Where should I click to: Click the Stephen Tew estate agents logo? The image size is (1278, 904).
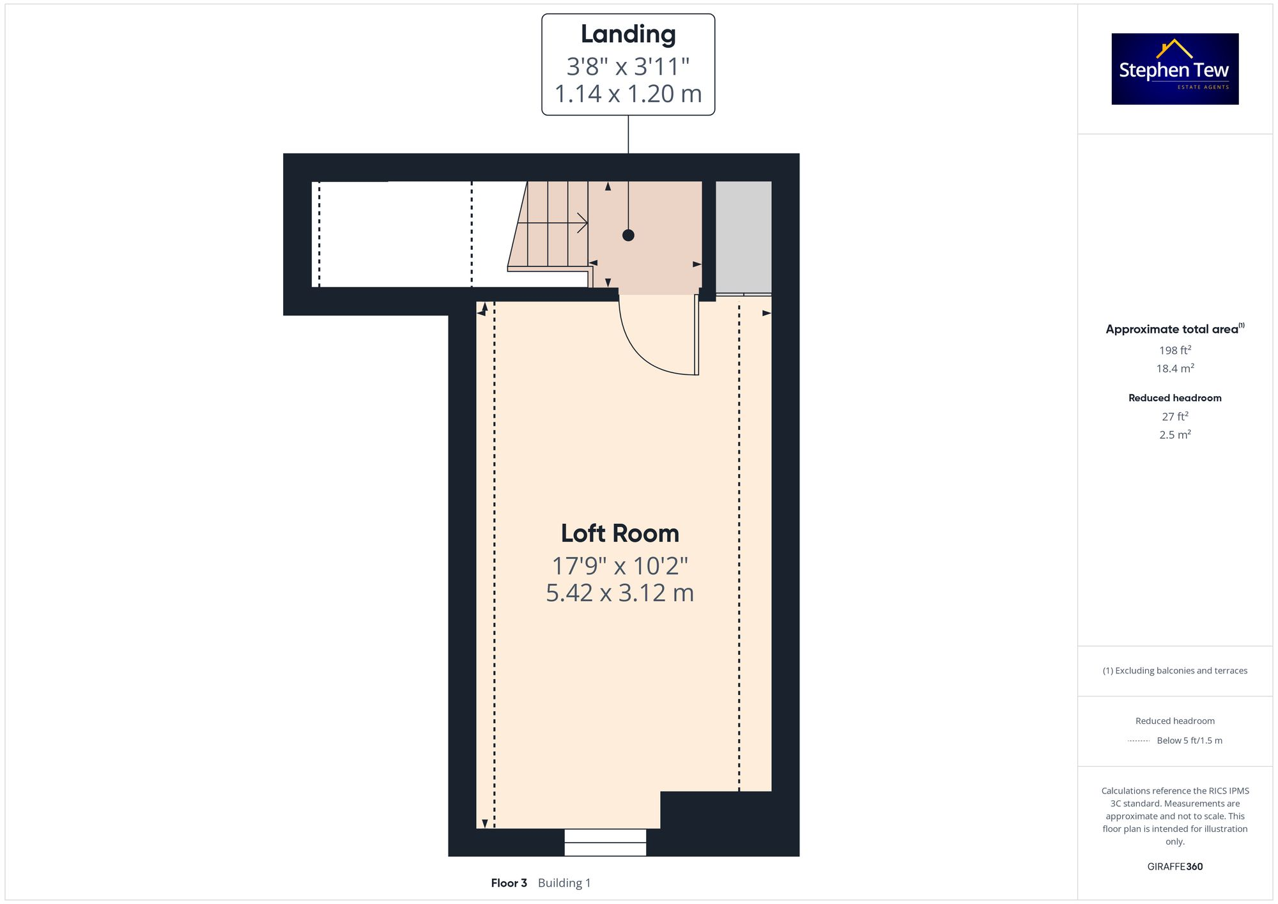pyautogui.click(x=1174, y=69)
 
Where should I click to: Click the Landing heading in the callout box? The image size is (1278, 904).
pyautogui.click(x=628, y=34)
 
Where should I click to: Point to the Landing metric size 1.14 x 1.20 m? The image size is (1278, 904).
pyautogui.click(x=628, y=94)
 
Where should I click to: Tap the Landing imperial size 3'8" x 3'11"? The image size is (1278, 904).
pyautogui.click(x=628, y=66)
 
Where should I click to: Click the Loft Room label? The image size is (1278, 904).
pyautogui.click(x=620, y=533)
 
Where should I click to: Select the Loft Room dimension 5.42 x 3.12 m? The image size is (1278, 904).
pyautogui.click(x=620, y=593)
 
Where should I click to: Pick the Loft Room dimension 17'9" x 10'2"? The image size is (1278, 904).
pyautogui.click(x=620, y=566)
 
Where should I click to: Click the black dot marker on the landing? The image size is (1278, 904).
pyautogui.click(x=628, y=235)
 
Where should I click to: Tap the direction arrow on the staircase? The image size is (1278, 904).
pyautogui.click(x=581, y=223)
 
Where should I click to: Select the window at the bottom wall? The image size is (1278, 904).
pyautogui.click(x=605, y=842)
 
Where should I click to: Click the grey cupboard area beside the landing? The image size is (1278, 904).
pyautogui.click(x=743, y=236)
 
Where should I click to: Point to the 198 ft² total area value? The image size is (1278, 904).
pyautogui.click(x=1174, y=350)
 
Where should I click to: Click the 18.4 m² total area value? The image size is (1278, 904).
pyautogui.click(x=1174, y=369)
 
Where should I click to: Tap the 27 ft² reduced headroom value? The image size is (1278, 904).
pyautogui.click(x=1174, y=417)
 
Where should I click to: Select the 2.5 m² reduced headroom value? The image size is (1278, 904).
pyautogui.click(x=1174, y=434)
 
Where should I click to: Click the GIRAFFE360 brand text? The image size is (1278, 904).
pyautogui.click(x=1174, y=866)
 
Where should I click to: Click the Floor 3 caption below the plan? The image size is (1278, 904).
pyautogui.click(x=509, y=883)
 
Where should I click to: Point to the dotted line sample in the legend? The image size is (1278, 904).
pyautogui.click(x=1139, y=741)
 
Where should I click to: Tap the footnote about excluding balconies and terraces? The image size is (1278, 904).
pyautogui.click(x=1174, y=671)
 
